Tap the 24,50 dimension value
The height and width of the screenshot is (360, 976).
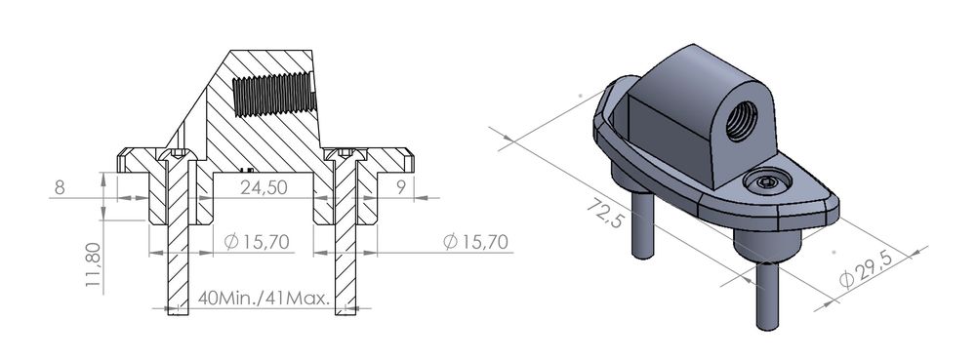264,187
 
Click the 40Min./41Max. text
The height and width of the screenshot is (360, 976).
263,297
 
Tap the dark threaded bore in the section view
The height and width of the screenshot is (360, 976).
273,96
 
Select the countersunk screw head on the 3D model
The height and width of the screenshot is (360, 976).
766,182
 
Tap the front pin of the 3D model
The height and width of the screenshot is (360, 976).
767,298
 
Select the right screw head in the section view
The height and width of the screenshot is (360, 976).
346,153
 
